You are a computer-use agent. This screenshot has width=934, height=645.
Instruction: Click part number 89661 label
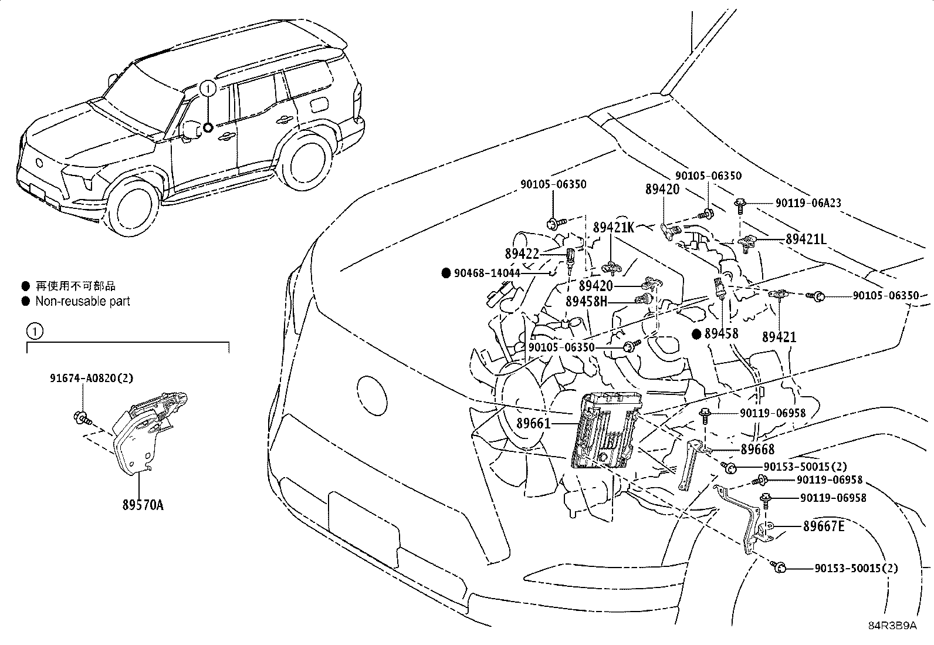[x=533, y=423]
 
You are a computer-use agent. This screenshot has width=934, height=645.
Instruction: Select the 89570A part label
[x=143, y=504]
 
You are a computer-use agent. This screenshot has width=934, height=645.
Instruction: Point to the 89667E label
[x=824, y=526]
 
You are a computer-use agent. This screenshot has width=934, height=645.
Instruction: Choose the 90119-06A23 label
[x=808, y=203]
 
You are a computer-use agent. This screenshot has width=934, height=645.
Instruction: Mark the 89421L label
[x=806, y=239]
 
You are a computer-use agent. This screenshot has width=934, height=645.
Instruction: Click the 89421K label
[x=614, y=228]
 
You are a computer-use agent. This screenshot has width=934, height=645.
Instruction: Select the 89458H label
[x=586, y=301]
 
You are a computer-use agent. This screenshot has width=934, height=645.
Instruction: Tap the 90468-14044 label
[x=487, y=273]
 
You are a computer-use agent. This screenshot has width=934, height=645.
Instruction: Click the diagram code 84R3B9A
[x=892, y=626]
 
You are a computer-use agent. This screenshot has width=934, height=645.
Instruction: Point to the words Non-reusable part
[x=82, y=302]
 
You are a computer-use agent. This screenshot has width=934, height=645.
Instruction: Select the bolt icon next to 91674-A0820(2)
[x=81, y=418]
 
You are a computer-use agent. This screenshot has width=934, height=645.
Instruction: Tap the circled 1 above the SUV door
[x=208, y=88]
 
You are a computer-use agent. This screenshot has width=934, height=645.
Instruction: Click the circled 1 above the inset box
[x=35, y=332]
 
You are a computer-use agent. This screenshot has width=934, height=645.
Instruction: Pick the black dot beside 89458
[x=696, y=334]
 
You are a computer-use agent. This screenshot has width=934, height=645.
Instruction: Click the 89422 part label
[x=522, y=254]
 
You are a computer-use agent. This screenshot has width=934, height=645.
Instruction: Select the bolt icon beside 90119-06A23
[x=741, y=205]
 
